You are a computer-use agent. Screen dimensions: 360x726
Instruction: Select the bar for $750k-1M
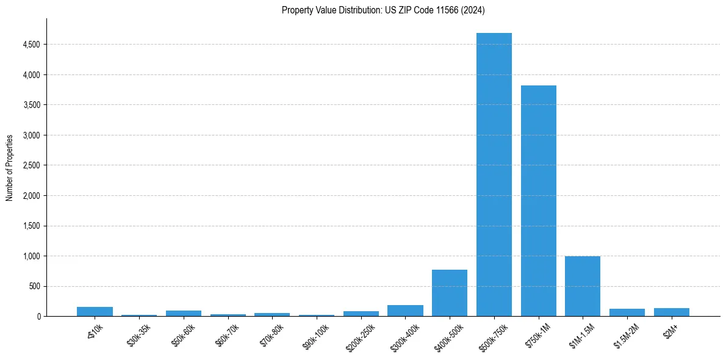539,201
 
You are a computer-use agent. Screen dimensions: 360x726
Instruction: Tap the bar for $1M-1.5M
583,286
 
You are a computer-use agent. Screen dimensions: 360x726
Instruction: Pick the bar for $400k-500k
450,293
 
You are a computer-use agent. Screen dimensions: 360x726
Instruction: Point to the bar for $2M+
672,312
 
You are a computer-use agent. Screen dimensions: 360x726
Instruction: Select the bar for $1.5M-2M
627,312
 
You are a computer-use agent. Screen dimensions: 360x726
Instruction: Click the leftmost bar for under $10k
95,311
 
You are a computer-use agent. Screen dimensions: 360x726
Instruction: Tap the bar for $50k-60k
184,313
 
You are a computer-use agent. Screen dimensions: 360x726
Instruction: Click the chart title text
383,10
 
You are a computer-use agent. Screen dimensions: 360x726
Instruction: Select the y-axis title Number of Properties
10,167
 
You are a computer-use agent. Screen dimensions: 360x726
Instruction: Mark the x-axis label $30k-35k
137,334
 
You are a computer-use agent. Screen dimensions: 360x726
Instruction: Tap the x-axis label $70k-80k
269,334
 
